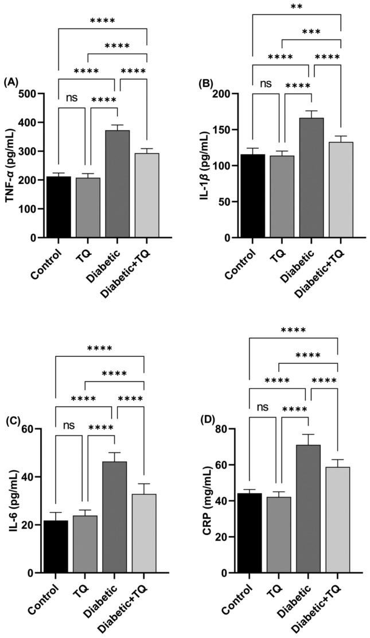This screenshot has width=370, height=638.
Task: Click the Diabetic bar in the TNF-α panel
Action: pyautogui.click(x=117, y=184)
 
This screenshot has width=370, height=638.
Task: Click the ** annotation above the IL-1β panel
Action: pyautogui.click(x=295, y=7)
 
